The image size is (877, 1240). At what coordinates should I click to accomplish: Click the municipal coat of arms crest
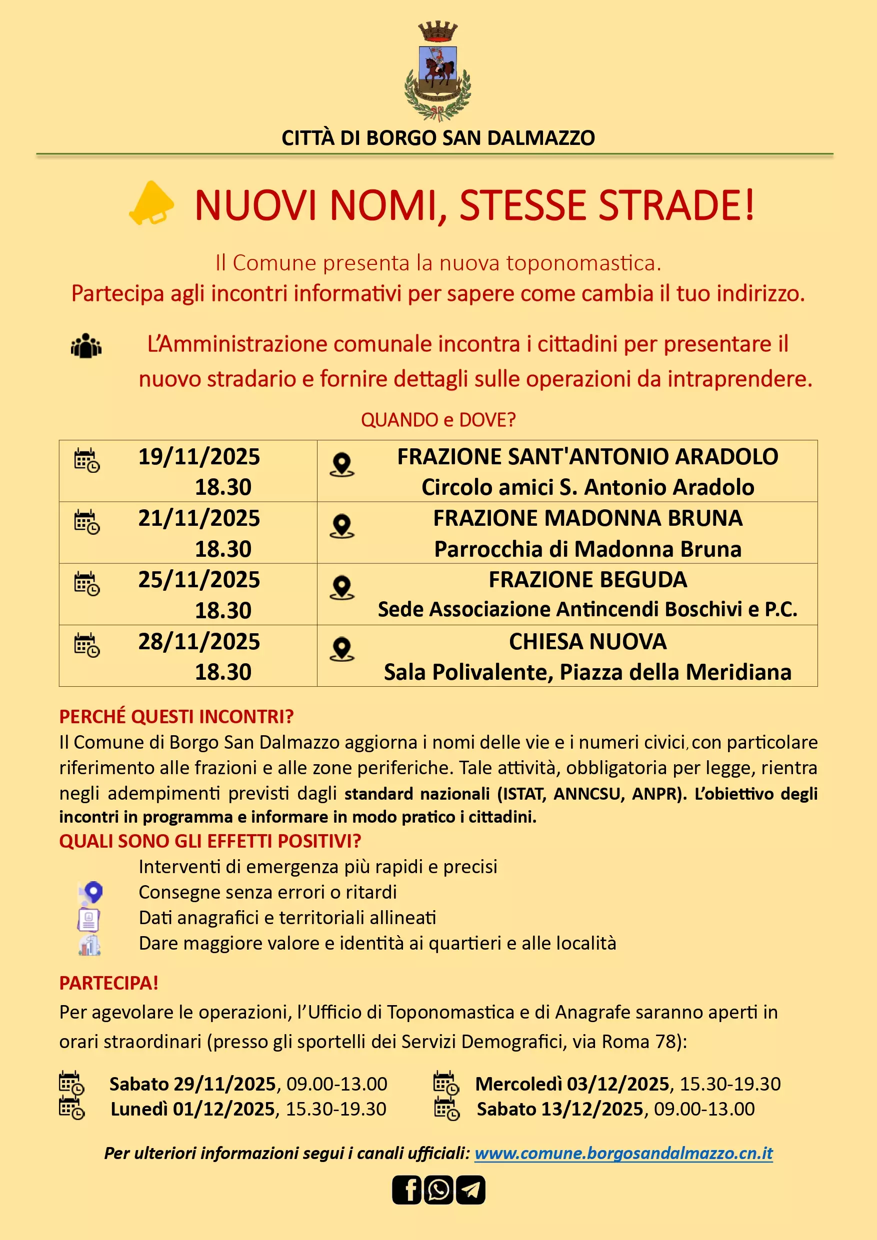pos(437,71)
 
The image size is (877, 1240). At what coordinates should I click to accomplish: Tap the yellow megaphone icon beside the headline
pos(151,203)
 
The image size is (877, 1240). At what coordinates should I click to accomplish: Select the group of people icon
pos(86,346)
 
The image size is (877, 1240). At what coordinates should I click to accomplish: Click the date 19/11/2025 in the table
pos(199,457)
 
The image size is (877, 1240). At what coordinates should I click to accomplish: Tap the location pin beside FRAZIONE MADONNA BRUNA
pos(341,525)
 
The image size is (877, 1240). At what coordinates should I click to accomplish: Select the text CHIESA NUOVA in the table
pos(587,642)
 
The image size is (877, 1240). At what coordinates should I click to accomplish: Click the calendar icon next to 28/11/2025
pos(86,645)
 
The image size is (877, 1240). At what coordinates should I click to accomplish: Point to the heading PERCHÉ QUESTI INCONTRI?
pos(176,717)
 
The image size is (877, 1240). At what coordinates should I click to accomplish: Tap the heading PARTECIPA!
pos(108,983)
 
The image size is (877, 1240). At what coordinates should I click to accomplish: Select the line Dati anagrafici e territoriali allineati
pos(287,918)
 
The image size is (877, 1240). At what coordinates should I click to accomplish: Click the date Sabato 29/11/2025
pos(193,1084)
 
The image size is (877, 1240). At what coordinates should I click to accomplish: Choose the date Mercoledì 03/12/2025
pos(572,1084)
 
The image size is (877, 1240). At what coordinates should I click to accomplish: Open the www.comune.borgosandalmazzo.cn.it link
pos(623,1153)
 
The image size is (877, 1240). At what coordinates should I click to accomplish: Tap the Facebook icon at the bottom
pos(406,1190)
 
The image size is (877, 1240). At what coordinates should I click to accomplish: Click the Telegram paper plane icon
pos(470,1190)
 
